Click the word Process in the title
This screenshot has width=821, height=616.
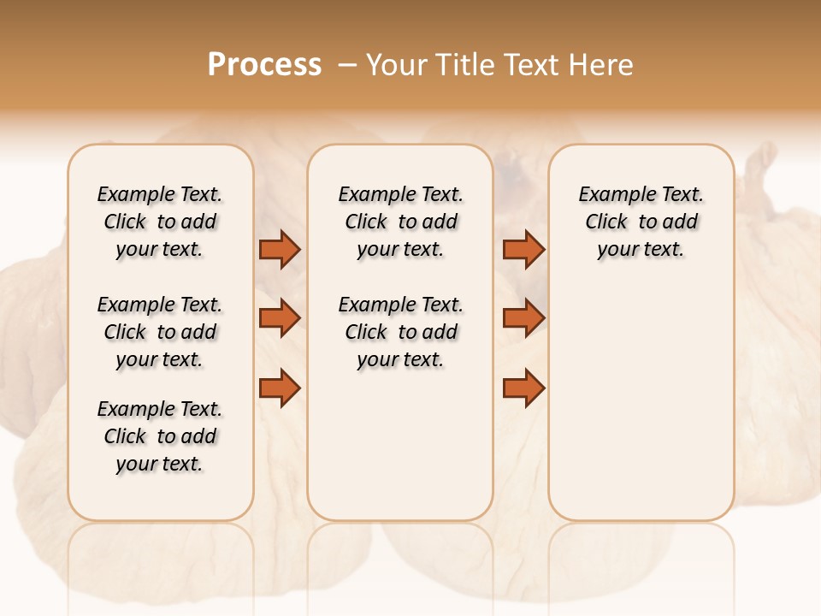point(264,65)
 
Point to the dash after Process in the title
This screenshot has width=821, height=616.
point(346,66)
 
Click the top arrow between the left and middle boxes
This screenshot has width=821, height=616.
point(280,250)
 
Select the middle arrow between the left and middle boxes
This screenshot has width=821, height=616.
point(280,318)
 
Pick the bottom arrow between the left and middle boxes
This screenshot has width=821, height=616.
point(280,388)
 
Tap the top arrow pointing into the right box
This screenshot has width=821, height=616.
point(523,250)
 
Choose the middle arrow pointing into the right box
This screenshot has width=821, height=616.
point(523,318)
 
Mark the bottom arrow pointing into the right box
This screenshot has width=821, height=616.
point(523,388)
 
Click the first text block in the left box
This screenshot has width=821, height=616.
point(160,222)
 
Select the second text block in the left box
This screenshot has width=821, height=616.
point(160,332)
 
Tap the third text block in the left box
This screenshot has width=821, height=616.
point(160,436)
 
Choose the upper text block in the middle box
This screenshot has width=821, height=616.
point(400,222)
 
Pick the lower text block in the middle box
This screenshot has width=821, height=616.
point(400,332)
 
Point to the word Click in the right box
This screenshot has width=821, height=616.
point(606,222)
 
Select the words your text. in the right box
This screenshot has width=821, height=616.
point(641,250)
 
